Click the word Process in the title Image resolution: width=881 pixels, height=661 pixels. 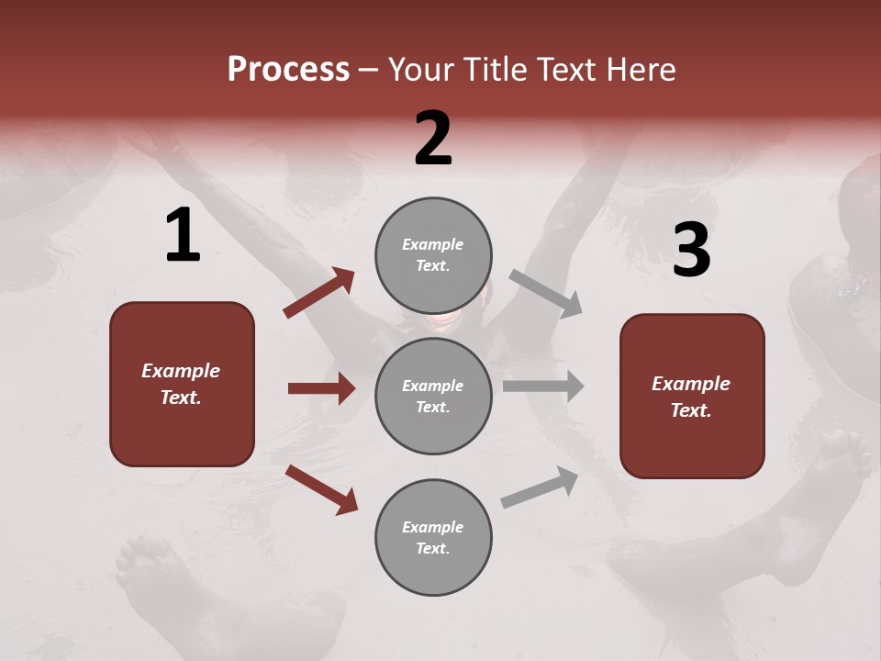tap(288, 69)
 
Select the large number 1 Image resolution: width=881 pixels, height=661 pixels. tap(183, 236)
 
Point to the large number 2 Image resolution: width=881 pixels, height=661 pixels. tap(433, 139)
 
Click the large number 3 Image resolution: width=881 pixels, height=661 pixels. tap(691, 250)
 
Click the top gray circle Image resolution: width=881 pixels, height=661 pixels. tap(433, 255)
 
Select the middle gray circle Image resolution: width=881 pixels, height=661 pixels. tap(433, 396)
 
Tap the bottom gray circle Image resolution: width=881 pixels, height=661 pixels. tap(433, 537)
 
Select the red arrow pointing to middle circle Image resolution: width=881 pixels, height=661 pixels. tap(321, 388)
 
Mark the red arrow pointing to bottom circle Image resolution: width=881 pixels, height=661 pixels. tap(321, 489)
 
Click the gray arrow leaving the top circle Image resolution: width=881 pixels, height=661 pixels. tap(545, 293)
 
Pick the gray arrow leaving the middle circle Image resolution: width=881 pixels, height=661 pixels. tap(542, 386)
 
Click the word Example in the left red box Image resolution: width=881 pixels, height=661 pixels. tap(181, 371)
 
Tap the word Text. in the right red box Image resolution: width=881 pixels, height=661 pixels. tap(691, 410)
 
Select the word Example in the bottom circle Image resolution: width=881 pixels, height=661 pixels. tap(433, 527)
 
